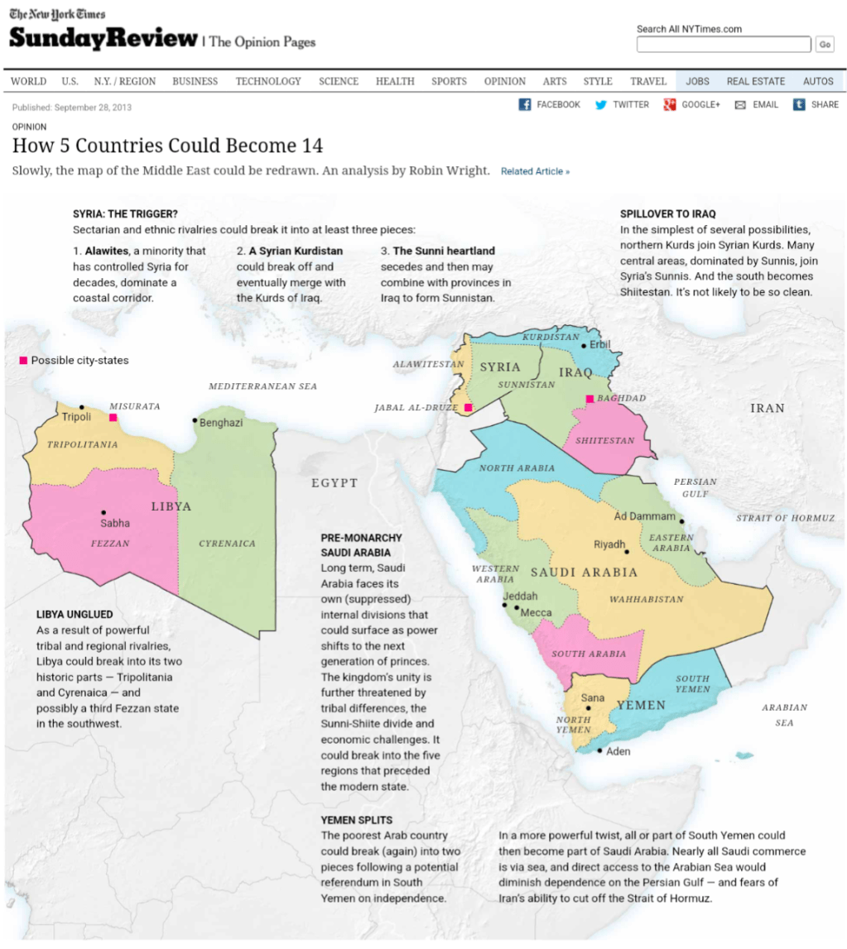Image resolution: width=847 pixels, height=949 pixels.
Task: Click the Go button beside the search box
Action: coord(824,45)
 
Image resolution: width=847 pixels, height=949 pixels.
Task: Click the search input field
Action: coord(723,45)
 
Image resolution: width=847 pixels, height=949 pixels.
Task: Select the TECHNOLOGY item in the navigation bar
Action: coord(268,81)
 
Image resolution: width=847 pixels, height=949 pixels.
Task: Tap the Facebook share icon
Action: coord(525,104)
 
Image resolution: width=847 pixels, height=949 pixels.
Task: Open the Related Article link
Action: coord(535,171)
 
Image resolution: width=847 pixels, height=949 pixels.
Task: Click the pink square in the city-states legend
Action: coord(23,361)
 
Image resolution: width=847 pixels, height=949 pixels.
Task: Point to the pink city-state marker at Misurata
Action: coord(113,418)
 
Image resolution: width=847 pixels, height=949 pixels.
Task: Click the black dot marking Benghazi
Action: coord(195,420)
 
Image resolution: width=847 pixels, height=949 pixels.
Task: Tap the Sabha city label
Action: coord(115,523)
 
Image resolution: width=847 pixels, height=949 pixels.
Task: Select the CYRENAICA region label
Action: coord(227,544)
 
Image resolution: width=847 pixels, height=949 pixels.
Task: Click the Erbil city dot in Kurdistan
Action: coord(584,346)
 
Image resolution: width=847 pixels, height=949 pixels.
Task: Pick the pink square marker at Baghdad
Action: coord(590,399)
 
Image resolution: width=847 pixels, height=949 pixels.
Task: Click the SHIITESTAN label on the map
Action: coord(604,441)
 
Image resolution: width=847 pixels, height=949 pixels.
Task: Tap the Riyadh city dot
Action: coord(628,552)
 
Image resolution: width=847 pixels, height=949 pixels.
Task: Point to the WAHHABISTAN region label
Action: coord(647,599)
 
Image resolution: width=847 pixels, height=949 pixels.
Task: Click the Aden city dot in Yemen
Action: coord(600,750)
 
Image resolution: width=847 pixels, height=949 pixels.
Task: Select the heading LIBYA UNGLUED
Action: coord(75,614)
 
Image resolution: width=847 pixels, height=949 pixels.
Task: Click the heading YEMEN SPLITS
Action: coord(357,819)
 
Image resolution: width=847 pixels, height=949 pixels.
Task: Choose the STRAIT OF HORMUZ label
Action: coord(786,518)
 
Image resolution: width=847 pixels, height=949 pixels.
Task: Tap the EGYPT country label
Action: coord(334,482)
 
